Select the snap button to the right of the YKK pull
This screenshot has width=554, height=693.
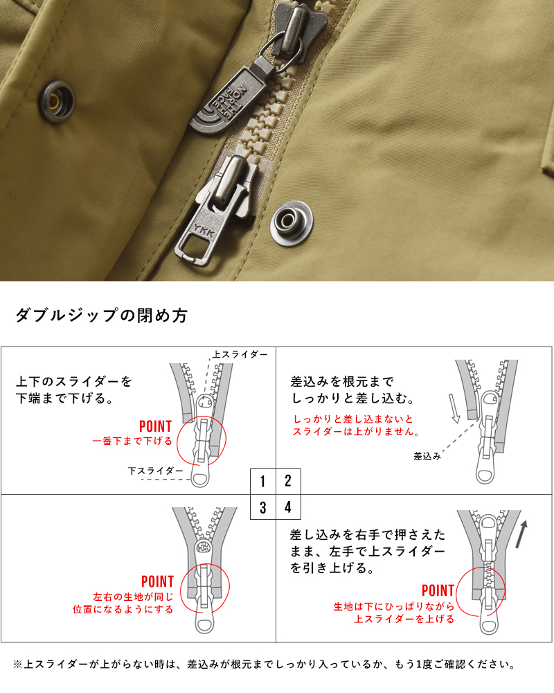292,221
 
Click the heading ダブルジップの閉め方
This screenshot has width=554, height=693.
101,316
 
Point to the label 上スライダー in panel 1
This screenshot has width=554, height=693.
240,355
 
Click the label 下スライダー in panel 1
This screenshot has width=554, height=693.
156,471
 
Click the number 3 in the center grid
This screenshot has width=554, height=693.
263,507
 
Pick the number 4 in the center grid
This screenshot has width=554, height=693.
288,507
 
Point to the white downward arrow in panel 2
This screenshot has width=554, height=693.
454,410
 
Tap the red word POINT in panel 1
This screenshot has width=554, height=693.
155,426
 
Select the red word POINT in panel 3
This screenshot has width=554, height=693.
157,581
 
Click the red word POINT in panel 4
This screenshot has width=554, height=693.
438,591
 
